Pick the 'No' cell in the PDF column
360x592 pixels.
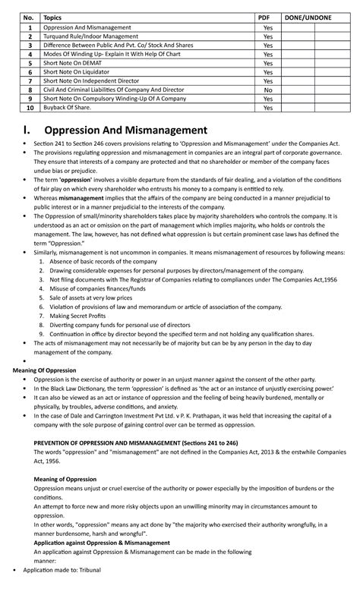point(267,90)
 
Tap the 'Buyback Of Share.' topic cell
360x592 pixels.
point(68,108)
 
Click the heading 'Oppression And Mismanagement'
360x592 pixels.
point(125,130)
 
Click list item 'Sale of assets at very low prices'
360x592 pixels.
point(92,298)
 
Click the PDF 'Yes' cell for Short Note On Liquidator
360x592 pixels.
point(267,72)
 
